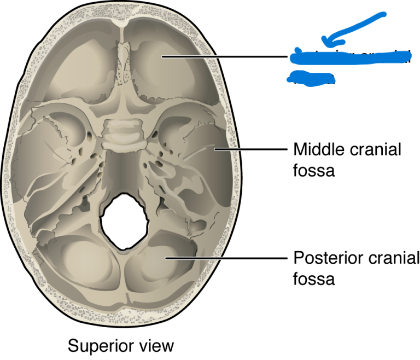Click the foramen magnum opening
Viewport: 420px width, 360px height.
pos(124,221)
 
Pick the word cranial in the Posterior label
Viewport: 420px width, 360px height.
pos(390,257)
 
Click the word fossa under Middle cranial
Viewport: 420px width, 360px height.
pos(314,171)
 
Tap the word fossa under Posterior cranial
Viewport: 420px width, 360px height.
pos(314,279)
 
